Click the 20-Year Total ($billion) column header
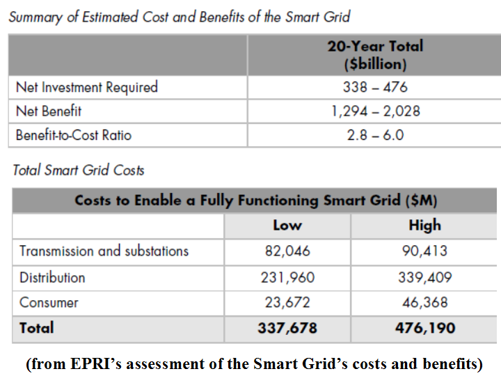click(x=375, y=55)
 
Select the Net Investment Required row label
click(x=87, y=87)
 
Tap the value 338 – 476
click(x=375, y=87)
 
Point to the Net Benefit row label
click(x=49, y=111)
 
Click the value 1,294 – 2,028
click(x=375, y=111)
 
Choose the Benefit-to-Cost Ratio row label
click(x=74, y=135)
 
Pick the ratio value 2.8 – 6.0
click(x=375, y=135)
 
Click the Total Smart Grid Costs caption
click(x=79, y=170)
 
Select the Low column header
click(x=287, y=225)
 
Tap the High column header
click(x=424, y=225)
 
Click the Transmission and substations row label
click(x=104, y=251)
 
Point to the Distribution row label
click(x=52, y=277)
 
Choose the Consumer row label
click(x=49, y=303)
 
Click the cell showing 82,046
click(x=287, y=251)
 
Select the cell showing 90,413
click(x=424, y=251)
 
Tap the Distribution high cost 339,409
click(x=424, y=277)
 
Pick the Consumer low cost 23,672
click(x=287, y=303)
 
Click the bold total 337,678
click(x=287, y=328)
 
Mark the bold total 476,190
click(x=424, y=328)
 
